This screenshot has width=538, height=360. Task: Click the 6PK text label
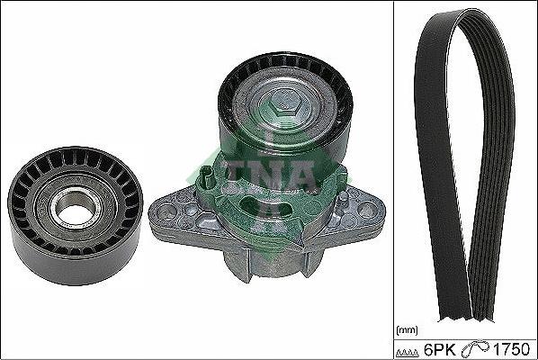[x=440, y=349]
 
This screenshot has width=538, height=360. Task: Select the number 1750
[x=510, y=349]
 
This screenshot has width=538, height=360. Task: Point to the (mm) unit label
[x=407, y=330]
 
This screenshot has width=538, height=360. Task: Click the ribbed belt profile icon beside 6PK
[x=408, y=352]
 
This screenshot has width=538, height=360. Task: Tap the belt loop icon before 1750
[x=476, y=349]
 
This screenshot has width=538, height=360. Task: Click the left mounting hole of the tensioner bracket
[x=166, y=210]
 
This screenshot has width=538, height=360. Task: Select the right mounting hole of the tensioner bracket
[x=367, y=208]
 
